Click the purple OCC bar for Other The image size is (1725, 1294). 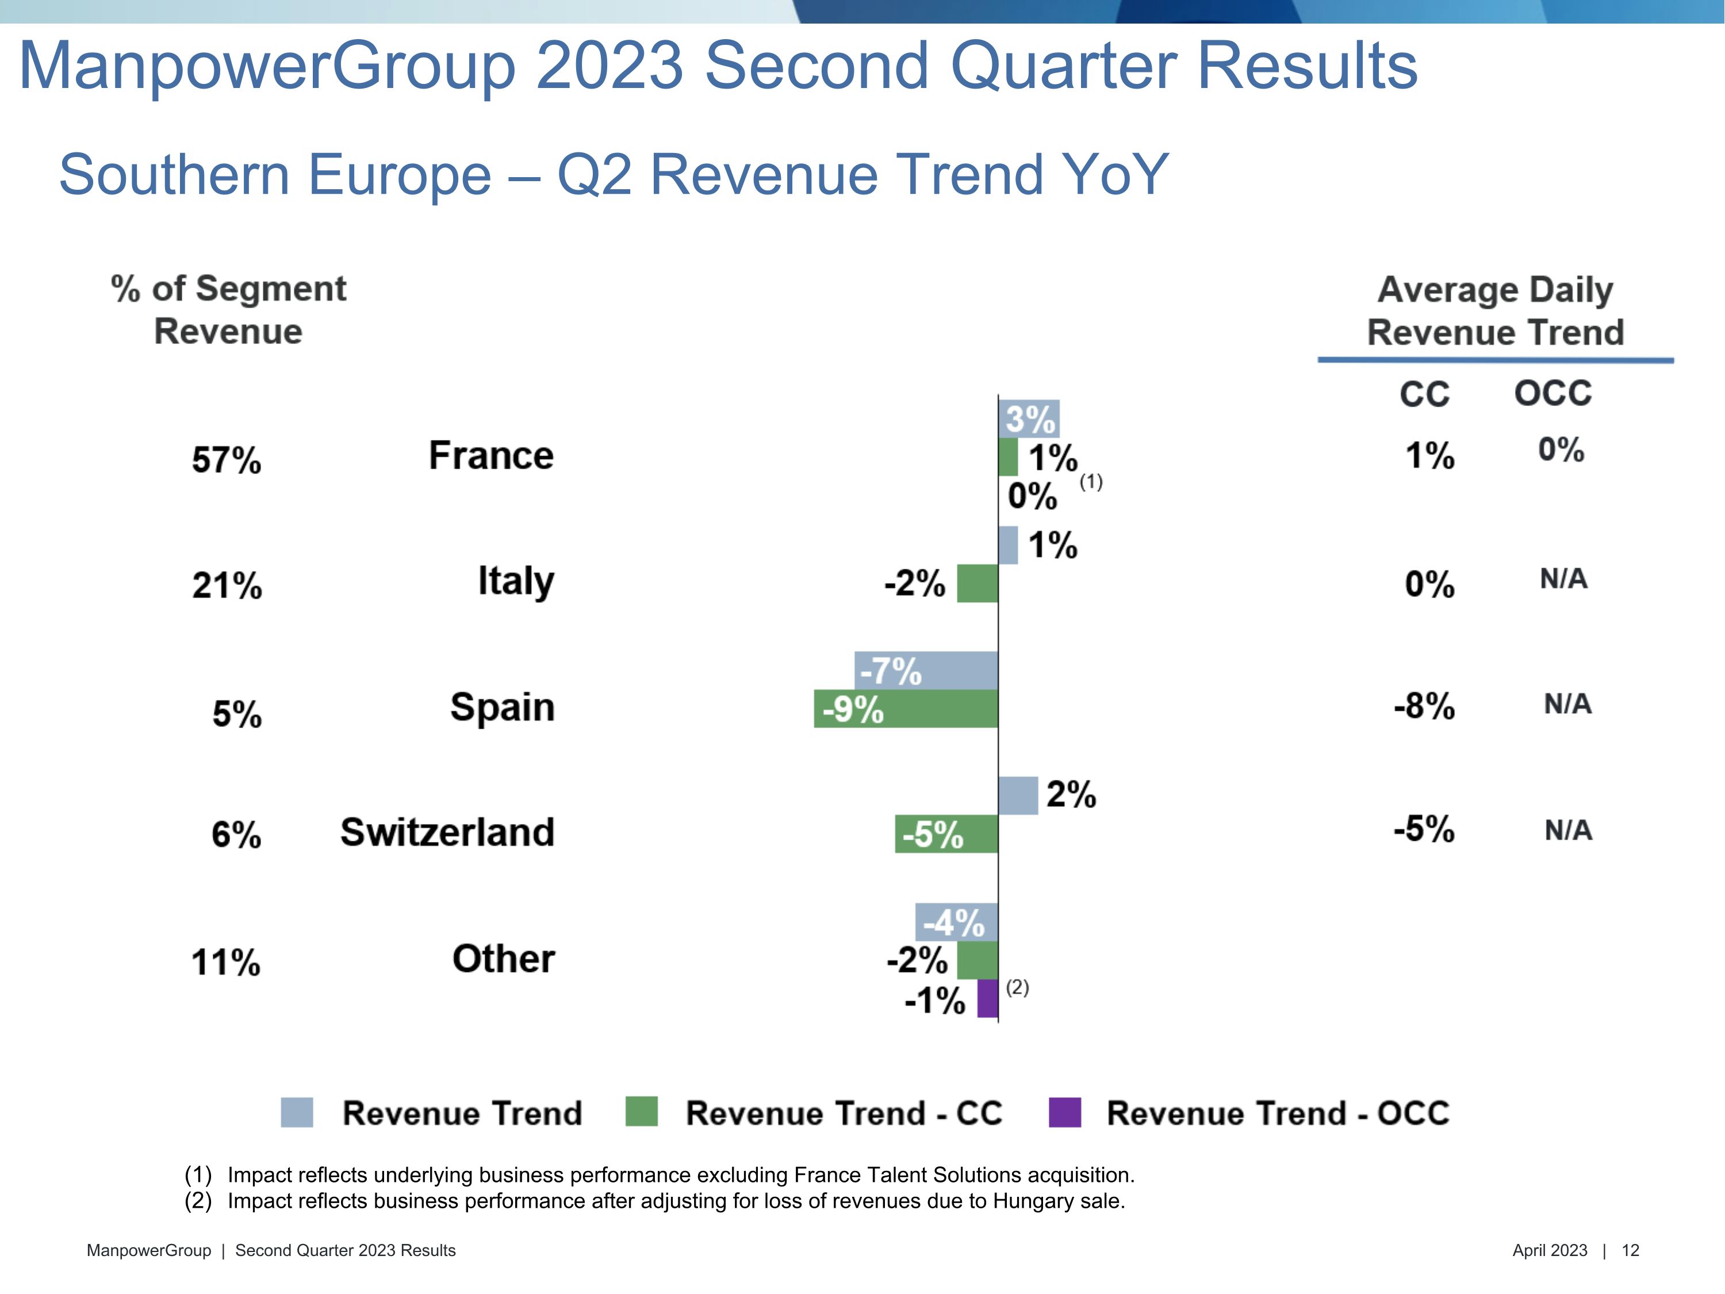pos(987,998)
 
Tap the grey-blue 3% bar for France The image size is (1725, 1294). pos(1029,419)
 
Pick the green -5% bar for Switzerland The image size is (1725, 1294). pos(946,834)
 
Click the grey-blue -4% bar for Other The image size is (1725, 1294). pos(956,922)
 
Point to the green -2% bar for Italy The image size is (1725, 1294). pos(977,583)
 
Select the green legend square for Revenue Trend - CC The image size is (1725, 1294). pos(641,1112)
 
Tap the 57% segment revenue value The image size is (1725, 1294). pos(226,460)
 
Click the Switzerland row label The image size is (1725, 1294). pos(447,832)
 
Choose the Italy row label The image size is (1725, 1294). pos(515,581)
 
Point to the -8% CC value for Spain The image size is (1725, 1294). pos(1424,706)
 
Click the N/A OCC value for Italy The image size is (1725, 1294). pos(1563,579)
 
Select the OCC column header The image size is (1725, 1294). pos(1552,393)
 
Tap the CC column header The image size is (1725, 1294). pos(1424,394)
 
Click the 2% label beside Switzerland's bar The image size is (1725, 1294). pos(1070,795)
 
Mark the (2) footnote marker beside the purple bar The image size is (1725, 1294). pos(1017,987)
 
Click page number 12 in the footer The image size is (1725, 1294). pos(1630,1250)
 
